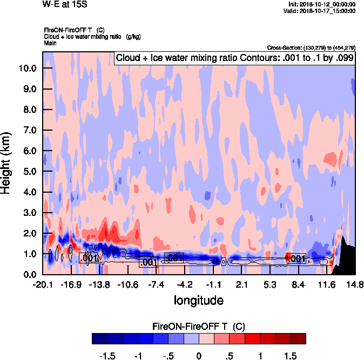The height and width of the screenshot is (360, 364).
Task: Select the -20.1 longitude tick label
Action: click(43, 284)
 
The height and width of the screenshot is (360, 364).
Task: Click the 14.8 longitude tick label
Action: click(355, 284)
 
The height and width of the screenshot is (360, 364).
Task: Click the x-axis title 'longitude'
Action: click(198, 299)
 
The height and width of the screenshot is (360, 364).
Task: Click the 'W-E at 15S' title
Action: click(64, 4)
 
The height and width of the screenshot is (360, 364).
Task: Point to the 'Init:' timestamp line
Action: click(322, 4)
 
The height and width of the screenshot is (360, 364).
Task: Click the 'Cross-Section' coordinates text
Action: click(312, 48)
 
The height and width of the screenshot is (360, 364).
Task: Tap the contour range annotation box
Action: click(234, 58)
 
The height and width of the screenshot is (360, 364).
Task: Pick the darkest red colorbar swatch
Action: click(298, 338)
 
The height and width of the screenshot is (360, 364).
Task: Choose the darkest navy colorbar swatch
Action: click(99, 338)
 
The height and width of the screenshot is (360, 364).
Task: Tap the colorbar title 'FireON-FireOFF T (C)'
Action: click(199, 326)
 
